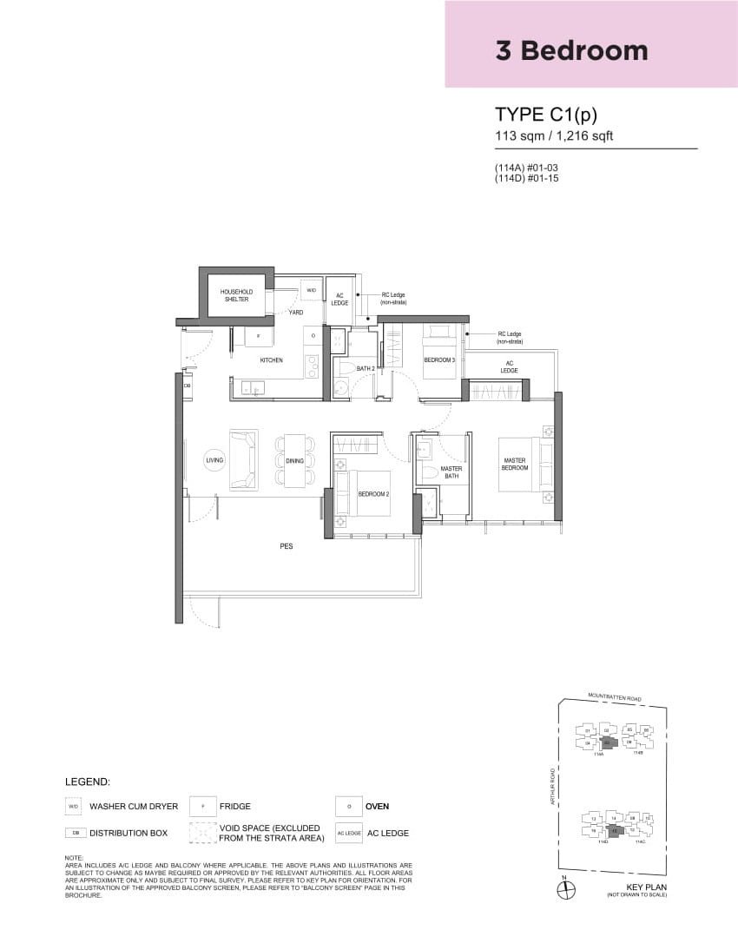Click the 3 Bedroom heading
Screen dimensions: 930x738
(571, 50)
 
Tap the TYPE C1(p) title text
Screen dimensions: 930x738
(547, 115)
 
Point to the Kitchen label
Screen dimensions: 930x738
(272, 359)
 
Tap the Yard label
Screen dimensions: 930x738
(296, 313)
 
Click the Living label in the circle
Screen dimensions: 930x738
(214, 459)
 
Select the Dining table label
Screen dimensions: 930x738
(294, 460)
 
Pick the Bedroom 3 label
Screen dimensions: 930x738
(438, 359)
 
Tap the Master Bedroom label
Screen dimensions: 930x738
(514, 465)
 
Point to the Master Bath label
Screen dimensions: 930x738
(451, 472)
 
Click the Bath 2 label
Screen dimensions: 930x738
(365, 369)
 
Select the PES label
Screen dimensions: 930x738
(286, 547)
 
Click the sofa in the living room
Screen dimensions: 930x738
(242, 459)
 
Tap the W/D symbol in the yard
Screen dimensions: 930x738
(311, 290)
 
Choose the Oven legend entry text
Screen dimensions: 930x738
(377, 806)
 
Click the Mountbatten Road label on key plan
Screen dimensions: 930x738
(614, 696)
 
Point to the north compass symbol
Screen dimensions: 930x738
(564, 887)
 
